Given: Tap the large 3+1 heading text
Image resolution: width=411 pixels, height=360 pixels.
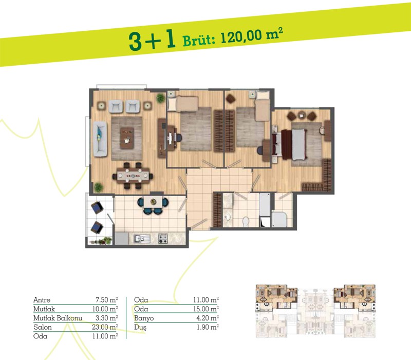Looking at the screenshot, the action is pos(152,41).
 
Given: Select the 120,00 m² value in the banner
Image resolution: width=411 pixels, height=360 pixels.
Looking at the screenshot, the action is pos(252,35).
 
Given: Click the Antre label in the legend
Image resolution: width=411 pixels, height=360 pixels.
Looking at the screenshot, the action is pos(42,300).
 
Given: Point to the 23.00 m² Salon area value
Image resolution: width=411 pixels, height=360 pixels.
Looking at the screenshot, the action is pos(105,327).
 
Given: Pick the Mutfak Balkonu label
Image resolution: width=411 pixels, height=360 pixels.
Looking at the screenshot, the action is pos(58,318).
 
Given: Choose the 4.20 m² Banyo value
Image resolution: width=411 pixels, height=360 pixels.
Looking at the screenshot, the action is pos(208,318).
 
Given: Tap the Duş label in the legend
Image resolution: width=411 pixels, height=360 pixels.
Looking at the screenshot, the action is pos(140,327).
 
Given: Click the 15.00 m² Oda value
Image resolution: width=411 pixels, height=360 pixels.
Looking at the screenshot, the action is pos(206,309).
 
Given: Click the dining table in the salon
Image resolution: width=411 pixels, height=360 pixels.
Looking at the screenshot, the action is pos(133,176).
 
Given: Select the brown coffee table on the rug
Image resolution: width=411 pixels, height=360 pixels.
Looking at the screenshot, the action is pos(127,138).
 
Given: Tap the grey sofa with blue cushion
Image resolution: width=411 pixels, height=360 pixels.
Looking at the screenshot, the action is pos(100,139).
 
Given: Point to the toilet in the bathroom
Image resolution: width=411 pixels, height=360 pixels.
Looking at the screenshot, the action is pos(246,222).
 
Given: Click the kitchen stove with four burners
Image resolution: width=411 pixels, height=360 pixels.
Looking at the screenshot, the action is pos(163,238).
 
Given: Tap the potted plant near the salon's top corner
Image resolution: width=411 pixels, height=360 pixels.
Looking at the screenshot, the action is pos(160,99).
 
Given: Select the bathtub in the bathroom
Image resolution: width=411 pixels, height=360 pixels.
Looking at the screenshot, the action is pos(265,205).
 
